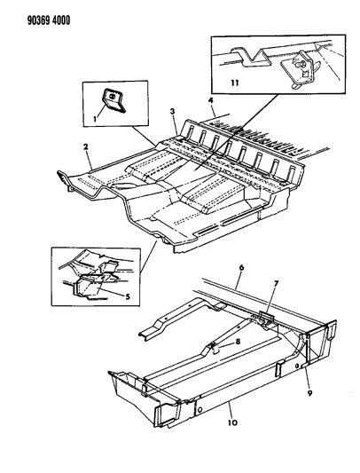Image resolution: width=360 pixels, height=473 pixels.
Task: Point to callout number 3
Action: click(x=175, y=110)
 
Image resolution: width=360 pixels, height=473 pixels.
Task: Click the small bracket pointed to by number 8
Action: click(x=215, y=347)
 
